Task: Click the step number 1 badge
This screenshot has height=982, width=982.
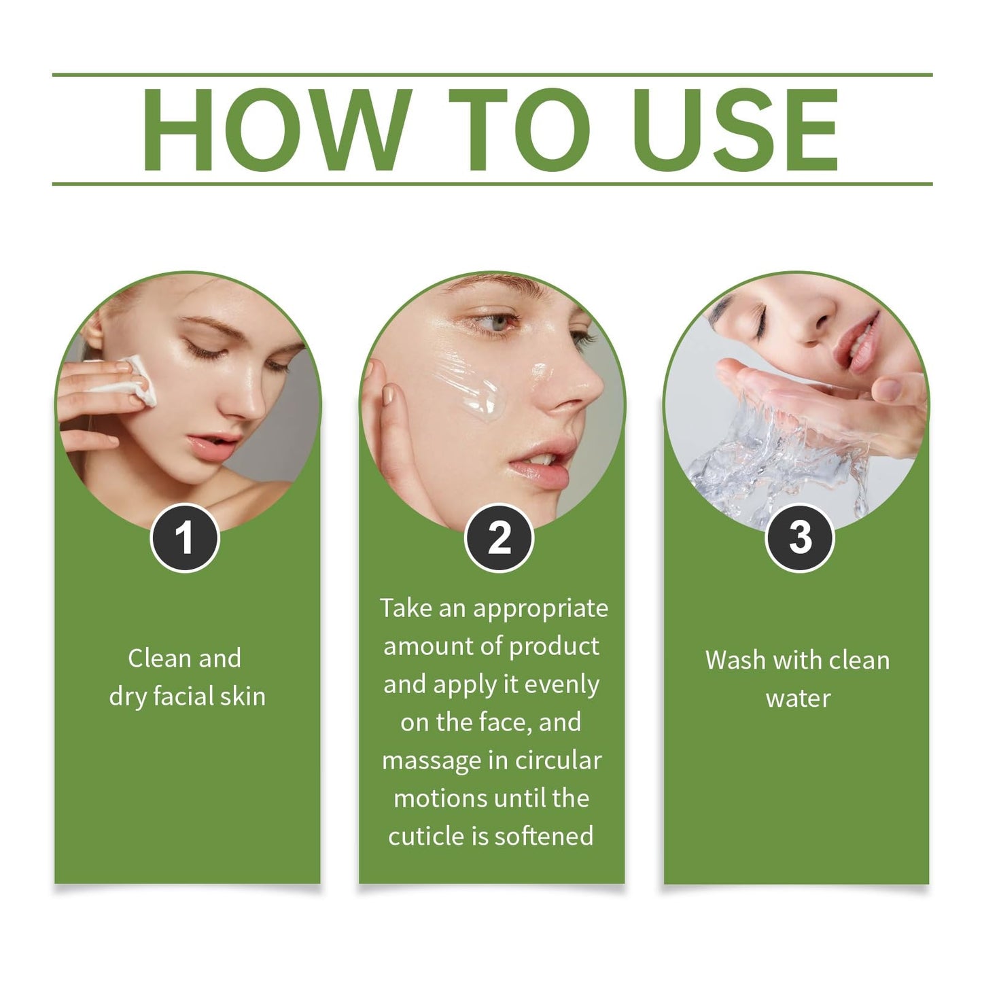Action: click(x=184, y=538)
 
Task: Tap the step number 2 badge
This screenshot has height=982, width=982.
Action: click(x=499, y=538)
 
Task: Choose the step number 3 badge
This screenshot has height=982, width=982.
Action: click(x=800, y=538)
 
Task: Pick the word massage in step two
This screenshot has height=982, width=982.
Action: click(x=427, y=760)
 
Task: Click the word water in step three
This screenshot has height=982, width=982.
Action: click(x=799, y=699)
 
